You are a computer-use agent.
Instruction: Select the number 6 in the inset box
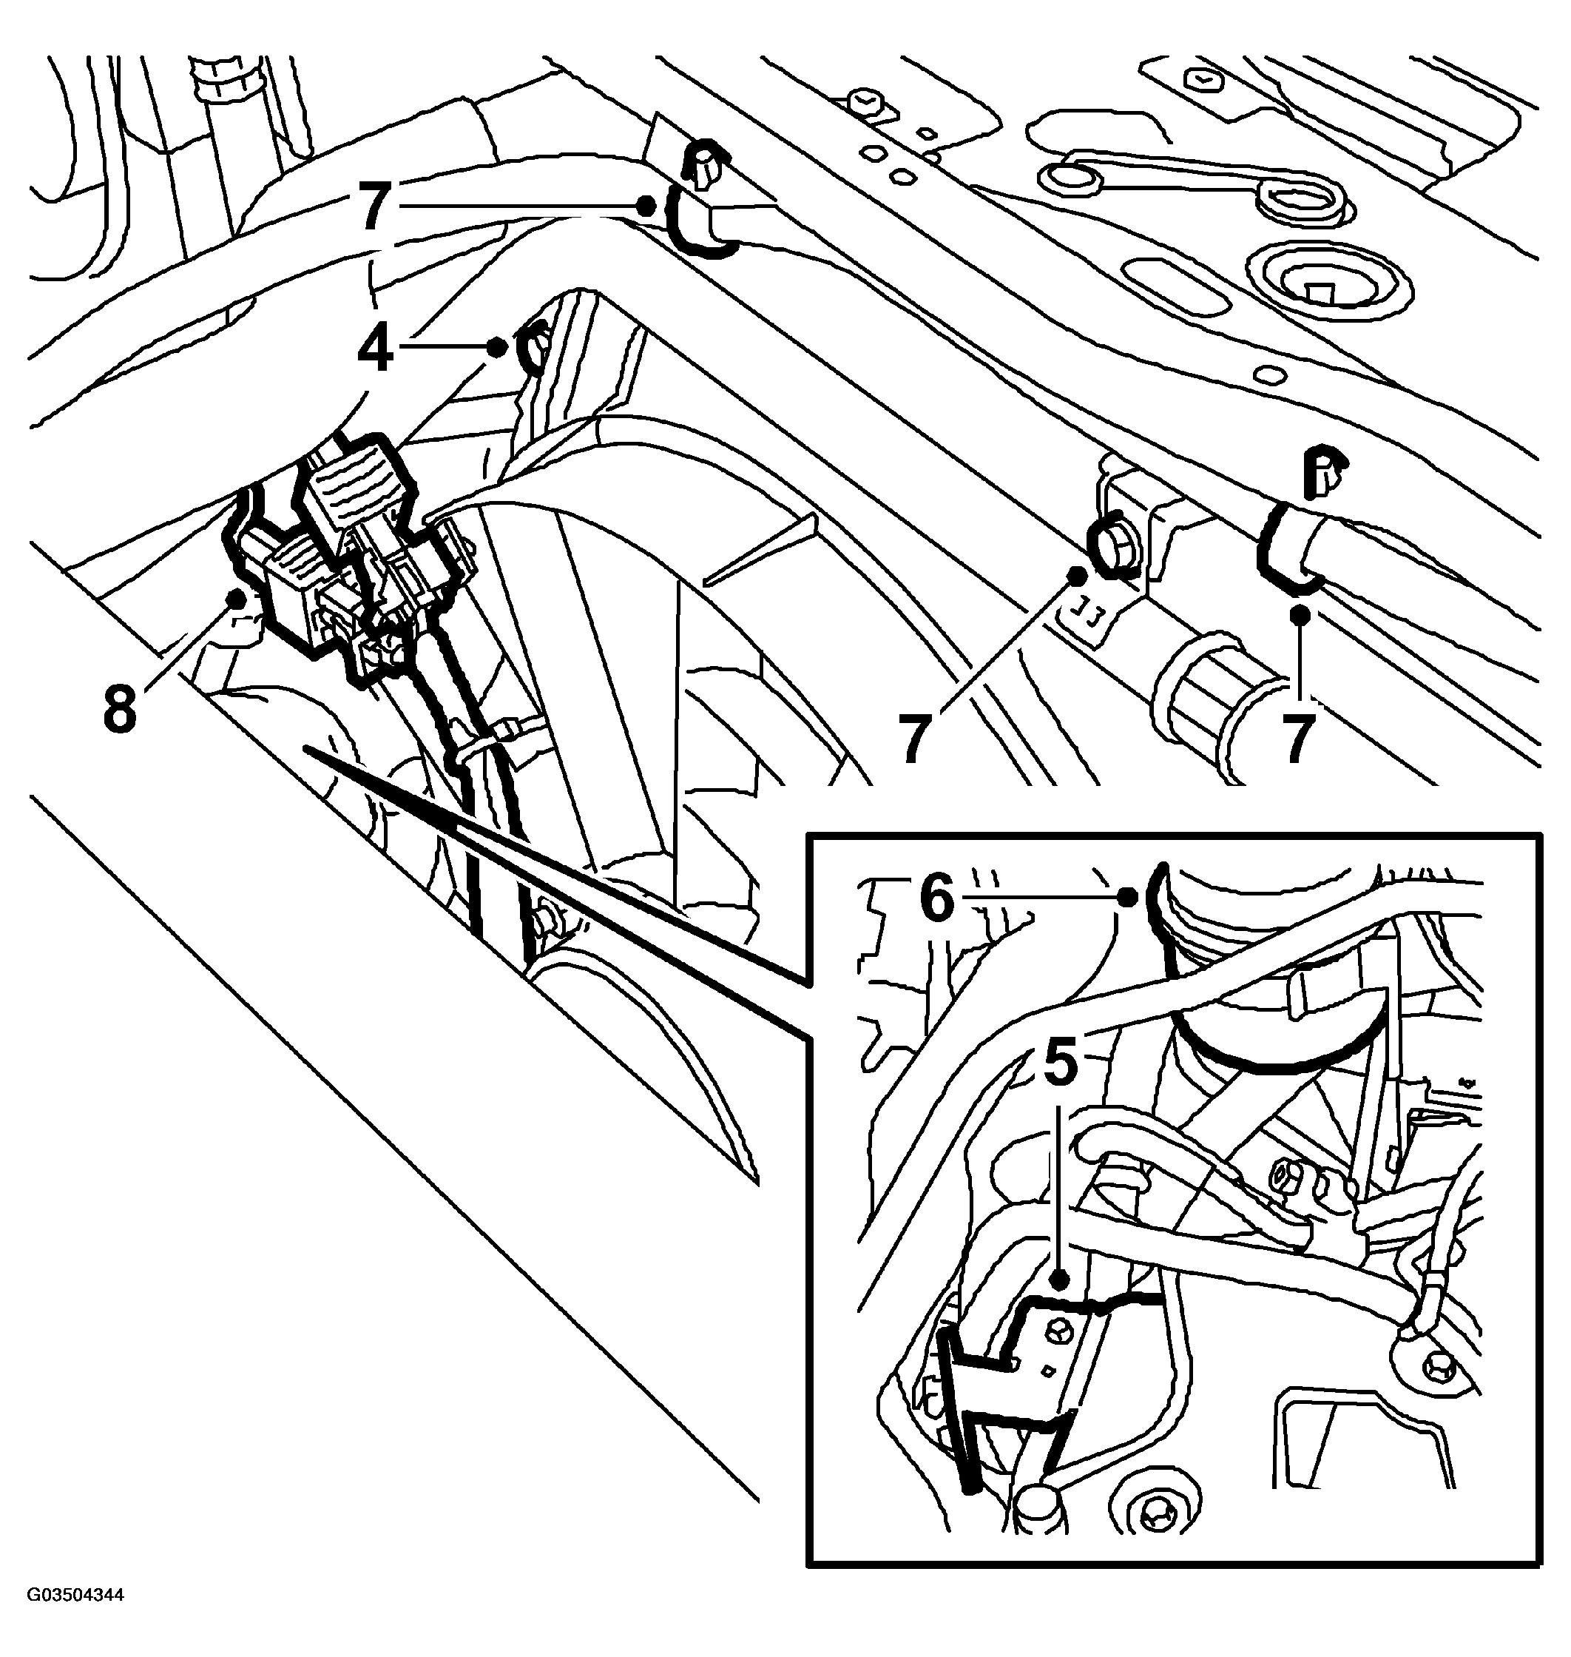[936, 899]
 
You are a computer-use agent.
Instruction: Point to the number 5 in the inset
[1059, 1062]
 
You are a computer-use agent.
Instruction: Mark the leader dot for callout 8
[236, 598]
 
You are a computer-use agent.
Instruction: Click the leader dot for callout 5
[1060, 1281]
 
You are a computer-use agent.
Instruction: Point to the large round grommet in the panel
[1329, 287]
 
